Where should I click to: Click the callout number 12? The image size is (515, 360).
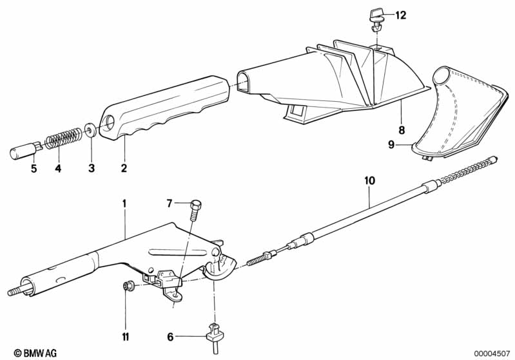click(x=400, y=15)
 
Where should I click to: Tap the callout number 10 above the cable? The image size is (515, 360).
click(x=369, y=180)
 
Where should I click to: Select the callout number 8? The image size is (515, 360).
click(x=402, y=130)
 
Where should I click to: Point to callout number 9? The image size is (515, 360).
click(x=391, y=144)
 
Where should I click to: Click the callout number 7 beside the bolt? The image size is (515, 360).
click(x=169, y=204)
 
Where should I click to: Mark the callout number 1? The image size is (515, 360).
click(x=124, y=204)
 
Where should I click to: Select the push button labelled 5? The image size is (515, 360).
click(x=25, y=149)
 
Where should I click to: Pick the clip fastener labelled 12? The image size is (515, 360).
click(x=377, y=20)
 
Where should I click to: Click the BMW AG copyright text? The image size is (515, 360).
click(x=35, y=353)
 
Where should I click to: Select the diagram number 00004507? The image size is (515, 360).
click(x=492, y=354)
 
